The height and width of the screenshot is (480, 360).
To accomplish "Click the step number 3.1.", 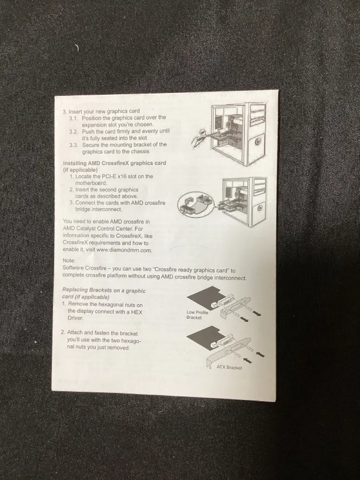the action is point(73,118).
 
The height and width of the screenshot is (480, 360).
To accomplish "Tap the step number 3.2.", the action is point(73,132).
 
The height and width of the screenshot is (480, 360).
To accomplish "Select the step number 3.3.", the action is point(73,145).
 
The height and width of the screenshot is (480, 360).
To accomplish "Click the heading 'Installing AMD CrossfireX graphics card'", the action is point(115,163).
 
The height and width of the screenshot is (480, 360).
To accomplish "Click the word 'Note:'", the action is point(69,260).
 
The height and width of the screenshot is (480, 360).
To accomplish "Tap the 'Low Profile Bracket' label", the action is point(197,315).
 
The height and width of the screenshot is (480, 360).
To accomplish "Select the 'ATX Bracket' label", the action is point(229,367).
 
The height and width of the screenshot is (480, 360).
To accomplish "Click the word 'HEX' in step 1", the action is point(136,312).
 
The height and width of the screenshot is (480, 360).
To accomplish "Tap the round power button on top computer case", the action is point(258,142).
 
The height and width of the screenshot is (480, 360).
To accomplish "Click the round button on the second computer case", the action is point(260,208).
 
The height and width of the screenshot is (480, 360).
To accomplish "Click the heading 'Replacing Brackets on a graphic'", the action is point(104,290).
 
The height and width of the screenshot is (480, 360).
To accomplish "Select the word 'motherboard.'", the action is point(91,183).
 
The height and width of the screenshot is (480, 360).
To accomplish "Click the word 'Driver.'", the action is point(75,318).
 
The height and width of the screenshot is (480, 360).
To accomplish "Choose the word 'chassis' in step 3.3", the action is point(140,152).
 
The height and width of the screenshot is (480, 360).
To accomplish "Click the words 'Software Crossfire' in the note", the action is point(84,268).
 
